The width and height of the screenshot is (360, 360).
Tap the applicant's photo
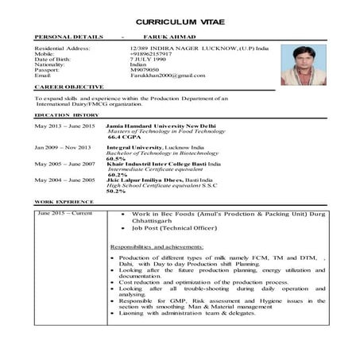pos(303,64)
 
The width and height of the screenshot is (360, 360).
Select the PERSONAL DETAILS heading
pos(69,37)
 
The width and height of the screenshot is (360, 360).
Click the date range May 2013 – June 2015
pos(64,126)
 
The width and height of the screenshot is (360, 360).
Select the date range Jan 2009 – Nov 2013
pos(63,148)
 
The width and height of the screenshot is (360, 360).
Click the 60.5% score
pos(116,158)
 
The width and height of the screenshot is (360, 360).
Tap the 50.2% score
pos(116,191)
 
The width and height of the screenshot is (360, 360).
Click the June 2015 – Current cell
pos(65,214)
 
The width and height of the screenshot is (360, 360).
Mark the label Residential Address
pos(63,48)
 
